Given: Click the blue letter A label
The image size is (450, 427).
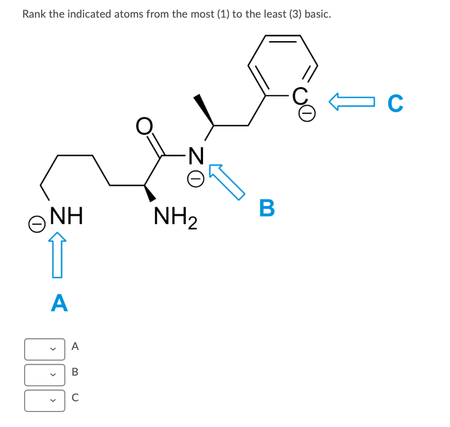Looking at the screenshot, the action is pos(59,302).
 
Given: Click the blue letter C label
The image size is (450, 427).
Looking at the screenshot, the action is pos(395,104).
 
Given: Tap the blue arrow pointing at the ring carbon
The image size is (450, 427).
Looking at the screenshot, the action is pos(351,101).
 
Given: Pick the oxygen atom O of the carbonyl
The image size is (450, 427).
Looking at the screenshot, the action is pos(143,126).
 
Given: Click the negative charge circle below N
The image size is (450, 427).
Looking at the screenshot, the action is pos(196,179).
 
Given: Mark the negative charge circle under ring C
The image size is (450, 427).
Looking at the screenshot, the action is pos(306,112).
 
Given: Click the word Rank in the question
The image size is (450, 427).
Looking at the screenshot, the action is pos(34,14).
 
